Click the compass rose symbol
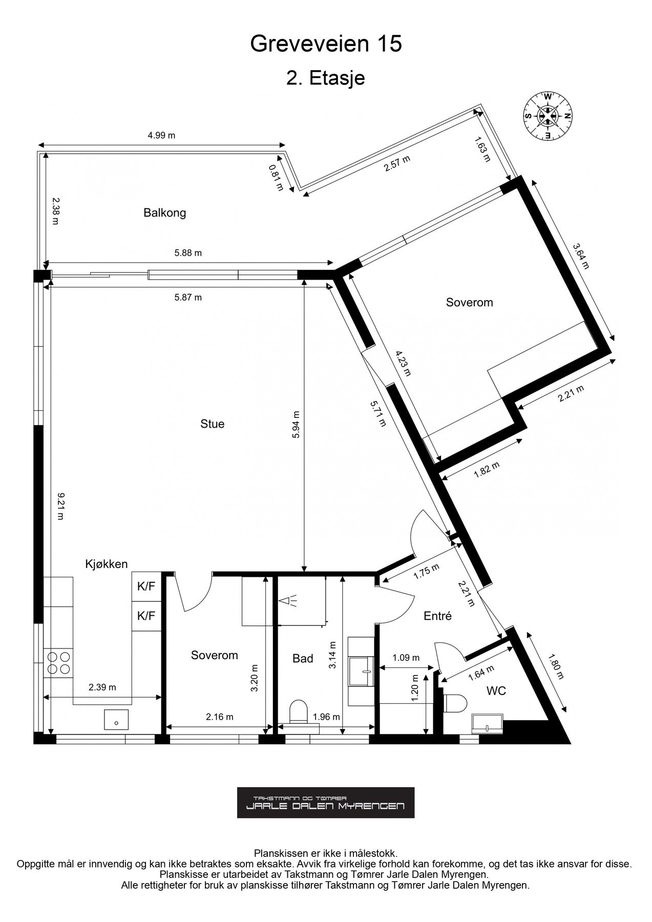tap(547, 116)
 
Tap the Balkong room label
tap(164, 213)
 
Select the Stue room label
tap(212, 424)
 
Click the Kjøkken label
tap(106, 564)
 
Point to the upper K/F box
tap(146, 587)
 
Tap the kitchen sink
tap(116, 719)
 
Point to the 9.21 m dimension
tap(60, 506)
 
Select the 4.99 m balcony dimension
tap(161, 136)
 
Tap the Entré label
tap(437, 616)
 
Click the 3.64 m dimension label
tap(581, 255)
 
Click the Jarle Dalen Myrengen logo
tap(326, 803)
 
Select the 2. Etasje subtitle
tap(326, 78)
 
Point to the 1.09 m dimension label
tap(406, 658)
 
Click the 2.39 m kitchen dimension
tap(102, 687)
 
